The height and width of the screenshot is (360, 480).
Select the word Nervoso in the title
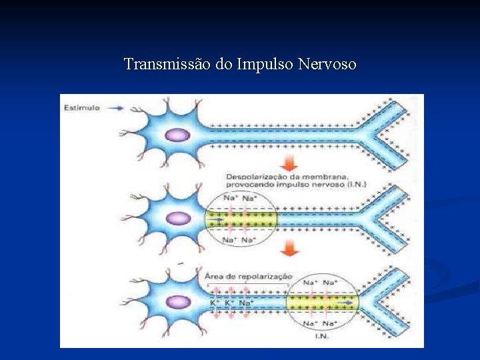pos(327,65)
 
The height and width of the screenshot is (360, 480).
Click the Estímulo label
pos(81,107)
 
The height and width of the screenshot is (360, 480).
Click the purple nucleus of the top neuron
pos(177,135)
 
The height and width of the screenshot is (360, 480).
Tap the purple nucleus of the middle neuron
pos(177,218)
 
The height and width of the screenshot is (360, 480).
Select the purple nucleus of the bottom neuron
pos(177,302)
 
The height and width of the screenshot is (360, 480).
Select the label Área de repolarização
pos(248,276)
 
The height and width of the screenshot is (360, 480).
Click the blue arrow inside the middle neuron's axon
pos(217,219)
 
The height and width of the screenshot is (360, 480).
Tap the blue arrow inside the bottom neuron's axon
pos(345,303)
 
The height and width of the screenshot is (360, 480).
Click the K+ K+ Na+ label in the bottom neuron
pos(230,303)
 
